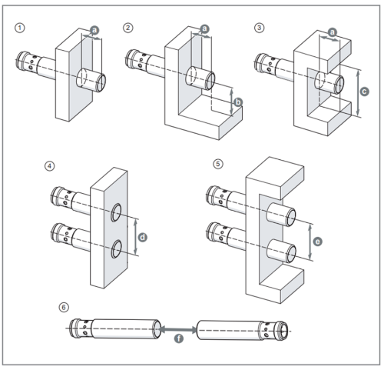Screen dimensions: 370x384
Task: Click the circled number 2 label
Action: (127, 27)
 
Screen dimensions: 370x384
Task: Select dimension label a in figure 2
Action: (204, 28)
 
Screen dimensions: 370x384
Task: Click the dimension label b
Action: (238, 101)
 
